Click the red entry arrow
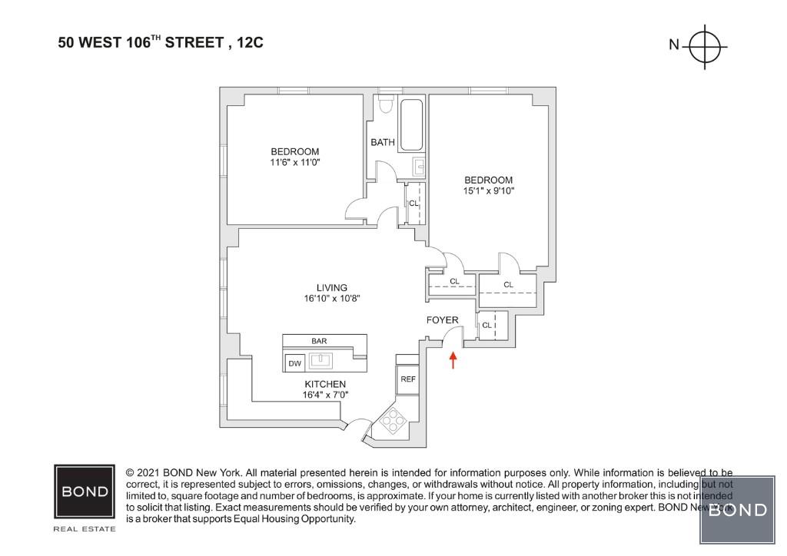pos(453,360)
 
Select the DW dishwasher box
pos(294,362)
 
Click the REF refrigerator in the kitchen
pos(407,379)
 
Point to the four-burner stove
pos(391,421)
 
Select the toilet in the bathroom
pos(387,105)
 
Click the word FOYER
pos(443,320)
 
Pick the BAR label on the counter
pos(319,341)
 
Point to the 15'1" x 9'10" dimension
pos(488,191)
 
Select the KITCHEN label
pos(325,384)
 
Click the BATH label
pos(383,142)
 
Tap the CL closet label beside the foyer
pos(486,326)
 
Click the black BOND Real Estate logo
pos(85,491)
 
